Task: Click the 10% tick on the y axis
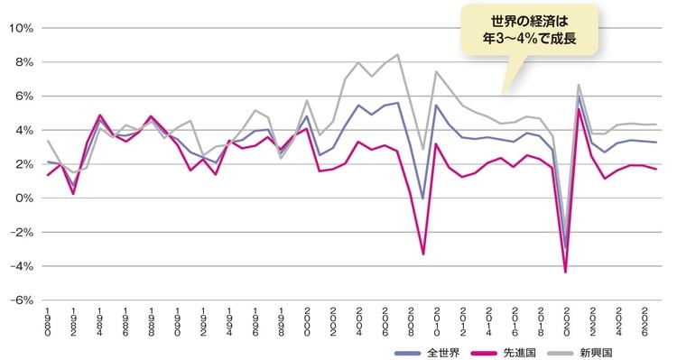(21, 28)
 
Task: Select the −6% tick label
(21, 300)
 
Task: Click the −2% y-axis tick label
(21, 232)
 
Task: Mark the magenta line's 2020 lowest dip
(566, 272)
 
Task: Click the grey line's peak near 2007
(398, 55)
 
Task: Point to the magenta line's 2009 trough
(424, 254)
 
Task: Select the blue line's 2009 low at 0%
(424, 198)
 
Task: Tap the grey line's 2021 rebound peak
(579, 85)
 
